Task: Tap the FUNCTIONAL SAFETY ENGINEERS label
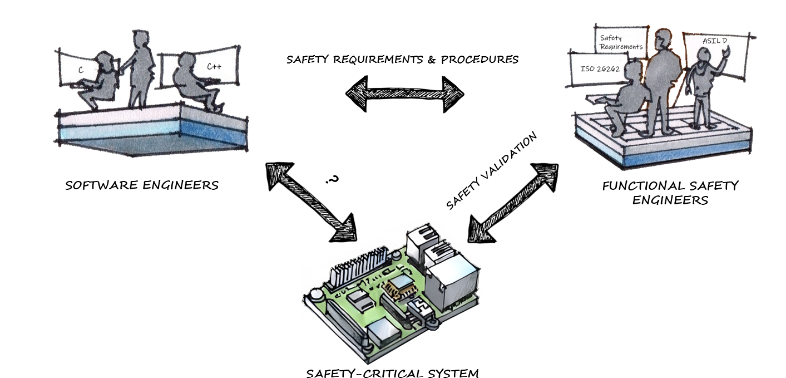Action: click(670, 192)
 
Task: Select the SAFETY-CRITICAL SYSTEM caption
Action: click(392, 372)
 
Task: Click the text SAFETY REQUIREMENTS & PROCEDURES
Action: click(402, 59)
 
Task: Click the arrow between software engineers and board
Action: click(312, 201)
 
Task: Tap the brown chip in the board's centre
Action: click(397, 287)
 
